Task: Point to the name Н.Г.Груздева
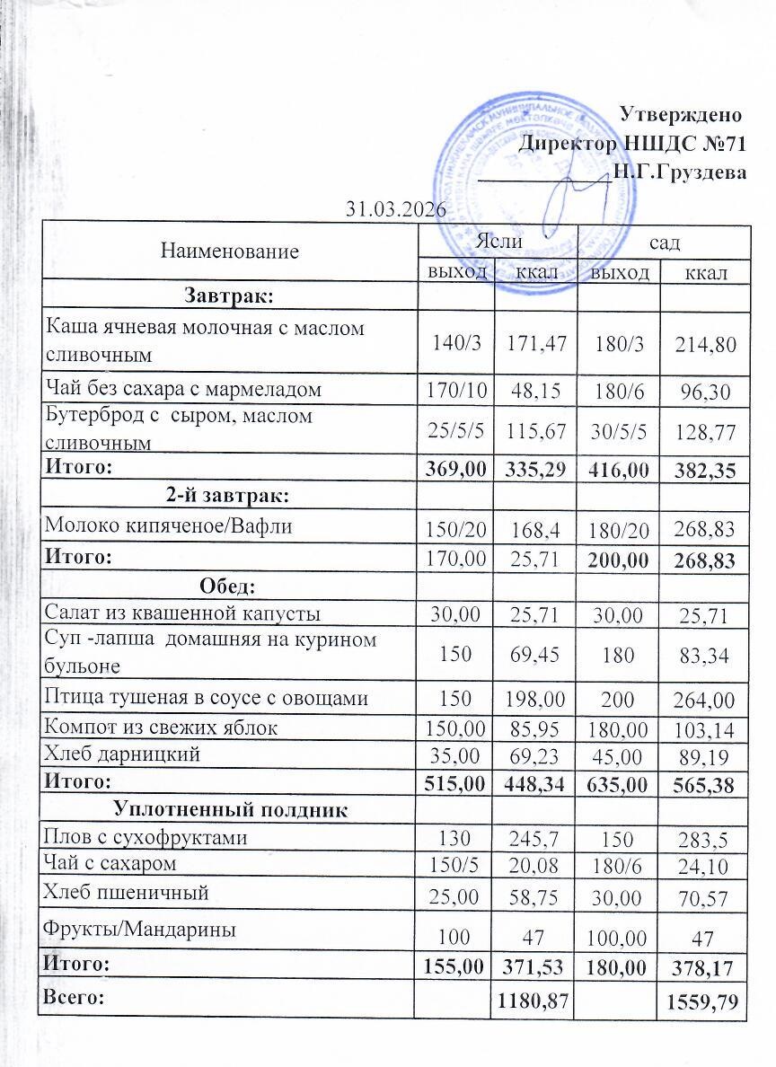click(679, 172)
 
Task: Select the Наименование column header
click(229, 251)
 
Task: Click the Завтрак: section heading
click(228, 295)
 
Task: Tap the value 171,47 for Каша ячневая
click(535, 342)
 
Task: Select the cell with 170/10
click(457, 391)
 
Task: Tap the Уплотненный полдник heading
click(229, 811)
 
